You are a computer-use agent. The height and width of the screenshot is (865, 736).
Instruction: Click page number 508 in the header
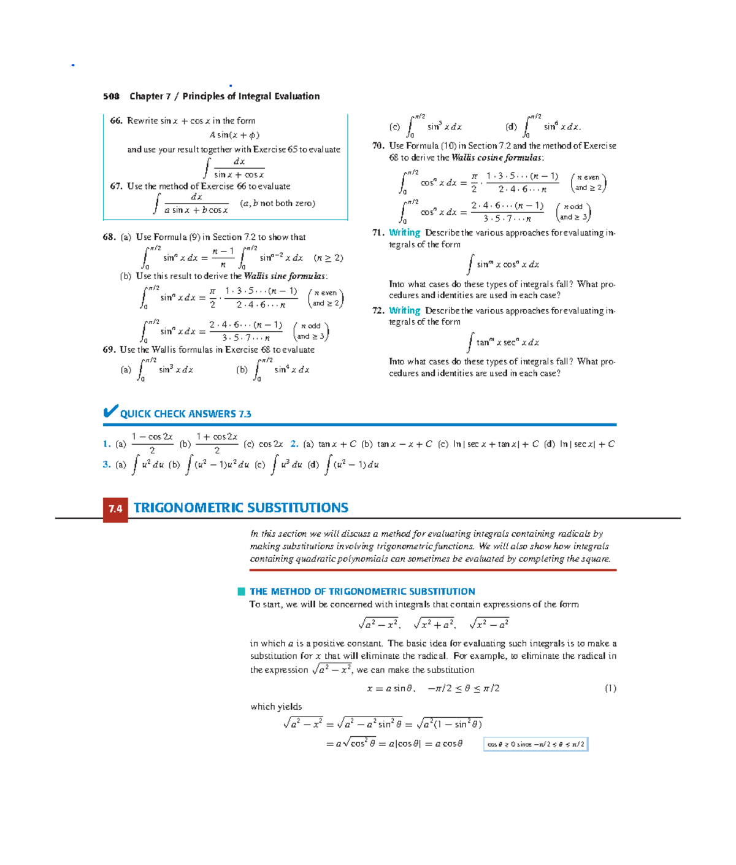(x=111, y=96)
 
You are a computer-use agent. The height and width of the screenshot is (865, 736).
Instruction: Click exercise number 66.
(x=117, y=121)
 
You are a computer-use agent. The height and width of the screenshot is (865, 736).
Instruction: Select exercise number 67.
(x=117, y=186)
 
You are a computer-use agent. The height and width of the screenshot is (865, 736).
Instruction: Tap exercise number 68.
(x=109, y=237)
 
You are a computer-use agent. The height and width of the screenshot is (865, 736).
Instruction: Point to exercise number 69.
(x=109, y=350)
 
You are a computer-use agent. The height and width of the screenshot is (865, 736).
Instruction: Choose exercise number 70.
(x=378, y=146)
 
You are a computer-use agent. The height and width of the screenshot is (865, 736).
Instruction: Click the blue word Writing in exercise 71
(x=404, y=233)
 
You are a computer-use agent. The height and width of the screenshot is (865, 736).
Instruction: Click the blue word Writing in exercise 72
(x=404, y=311)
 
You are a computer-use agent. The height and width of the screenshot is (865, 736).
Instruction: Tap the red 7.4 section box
(x=115, y=509)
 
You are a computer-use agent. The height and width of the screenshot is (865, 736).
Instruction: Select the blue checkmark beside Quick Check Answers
(x=110, y=412)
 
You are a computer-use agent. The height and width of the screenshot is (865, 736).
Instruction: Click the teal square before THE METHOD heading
(x=242, y=591)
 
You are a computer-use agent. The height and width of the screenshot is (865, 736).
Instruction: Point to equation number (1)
(x=610, y=688)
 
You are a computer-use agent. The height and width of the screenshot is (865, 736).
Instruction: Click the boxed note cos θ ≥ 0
(x=535, y=745)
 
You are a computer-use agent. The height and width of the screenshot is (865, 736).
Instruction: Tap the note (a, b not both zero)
(x=277, y=204)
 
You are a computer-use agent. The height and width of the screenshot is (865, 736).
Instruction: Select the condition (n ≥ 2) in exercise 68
(x=328, y=258)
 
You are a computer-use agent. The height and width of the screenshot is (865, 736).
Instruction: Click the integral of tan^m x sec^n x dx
(x=504, y=342)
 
